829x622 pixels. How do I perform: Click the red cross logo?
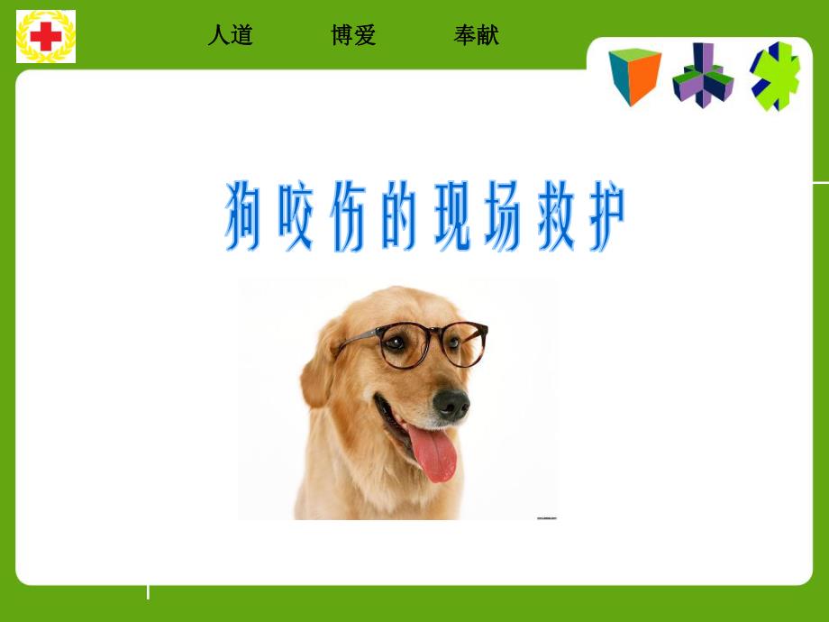tap(46, 37)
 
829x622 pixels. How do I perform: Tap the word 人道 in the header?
tap(230, 35)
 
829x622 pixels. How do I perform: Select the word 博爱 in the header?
tap(353, 35)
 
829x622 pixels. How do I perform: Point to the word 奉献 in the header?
tap(476, 35)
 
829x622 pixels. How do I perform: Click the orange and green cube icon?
tap(634, 76)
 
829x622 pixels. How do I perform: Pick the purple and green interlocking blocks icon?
tap(703, 76)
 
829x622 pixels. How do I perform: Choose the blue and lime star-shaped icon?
tap(775, 76)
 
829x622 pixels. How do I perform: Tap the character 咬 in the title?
tap(294, 216)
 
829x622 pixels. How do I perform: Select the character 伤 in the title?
tap(343, 216)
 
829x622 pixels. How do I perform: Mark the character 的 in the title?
tap(397, 216)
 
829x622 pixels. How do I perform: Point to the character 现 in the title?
tap(449, 216)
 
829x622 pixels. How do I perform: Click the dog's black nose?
tap(451, 404)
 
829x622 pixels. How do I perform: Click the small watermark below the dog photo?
tap(546, 517)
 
